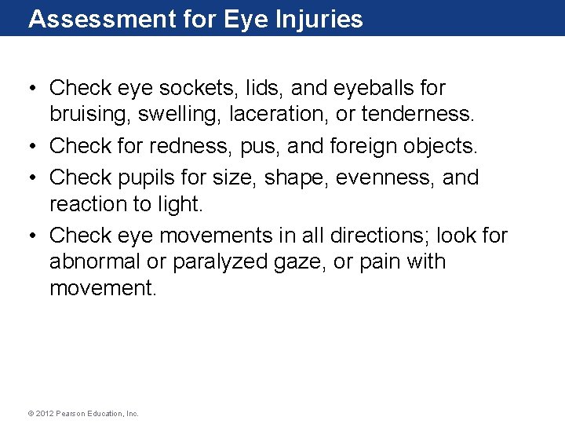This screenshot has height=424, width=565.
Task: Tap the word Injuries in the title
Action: coord(319,19)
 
